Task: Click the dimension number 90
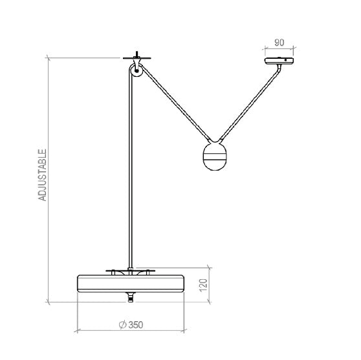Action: (x=279, y=43)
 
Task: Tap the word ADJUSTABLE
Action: (x=43, y=175)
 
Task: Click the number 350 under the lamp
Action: (x=135, y=325)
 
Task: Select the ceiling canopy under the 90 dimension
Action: (x=279, y=61)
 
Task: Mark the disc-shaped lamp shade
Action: (x=132, y=283)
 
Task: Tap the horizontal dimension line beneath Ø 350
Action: (x=132, y=331)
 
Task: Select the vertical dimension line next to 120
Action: (x=208, y=284)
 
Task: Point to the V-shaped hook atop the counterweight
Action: (x=215, y=140)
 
